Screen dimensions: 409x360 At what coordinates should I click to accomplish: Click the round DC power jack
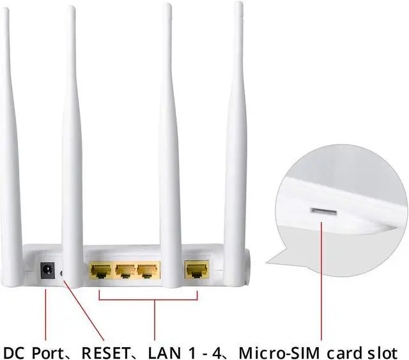(47, 270)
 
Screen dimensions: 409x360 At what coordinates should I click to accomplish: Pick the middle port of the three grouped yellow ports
(123, 270)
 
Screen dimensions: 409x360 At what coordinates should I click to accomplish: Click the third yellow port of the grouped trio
(147, 270)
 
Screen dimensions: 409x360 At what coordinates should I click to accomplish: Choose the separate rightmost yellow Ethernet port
(194, 270)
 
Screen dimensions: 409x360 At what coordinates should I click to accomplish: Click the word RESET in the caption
(105, 352)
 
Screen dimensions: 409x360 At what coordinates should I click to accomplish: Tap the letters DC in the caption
(14, 352)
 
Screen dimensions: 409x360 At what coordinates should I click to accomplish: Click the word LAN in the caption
(162, 352)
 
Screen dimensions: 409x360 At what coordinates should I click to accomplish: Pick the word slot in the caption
(382, 352)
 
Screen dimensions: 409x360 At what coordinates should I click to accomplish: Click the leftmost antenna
(10, 128)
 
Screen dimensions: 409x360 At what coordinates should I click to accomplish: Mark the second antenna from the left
(72, 128)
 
